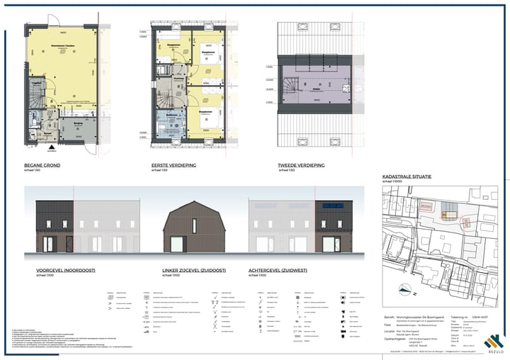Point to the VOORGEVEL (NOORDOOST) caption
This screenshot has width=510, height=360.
pyautogui.click(x=65, y=270)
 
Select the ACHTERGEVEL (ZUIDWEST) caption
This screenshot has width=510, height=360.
pyautogui.click(x=282, y=270)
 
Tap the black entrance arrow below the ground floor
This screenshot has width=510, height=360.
pyautogui.click(x=50, y=149)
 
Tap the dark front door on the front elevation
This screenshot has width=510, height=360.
pyautogui.click(x=69, y=244)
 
